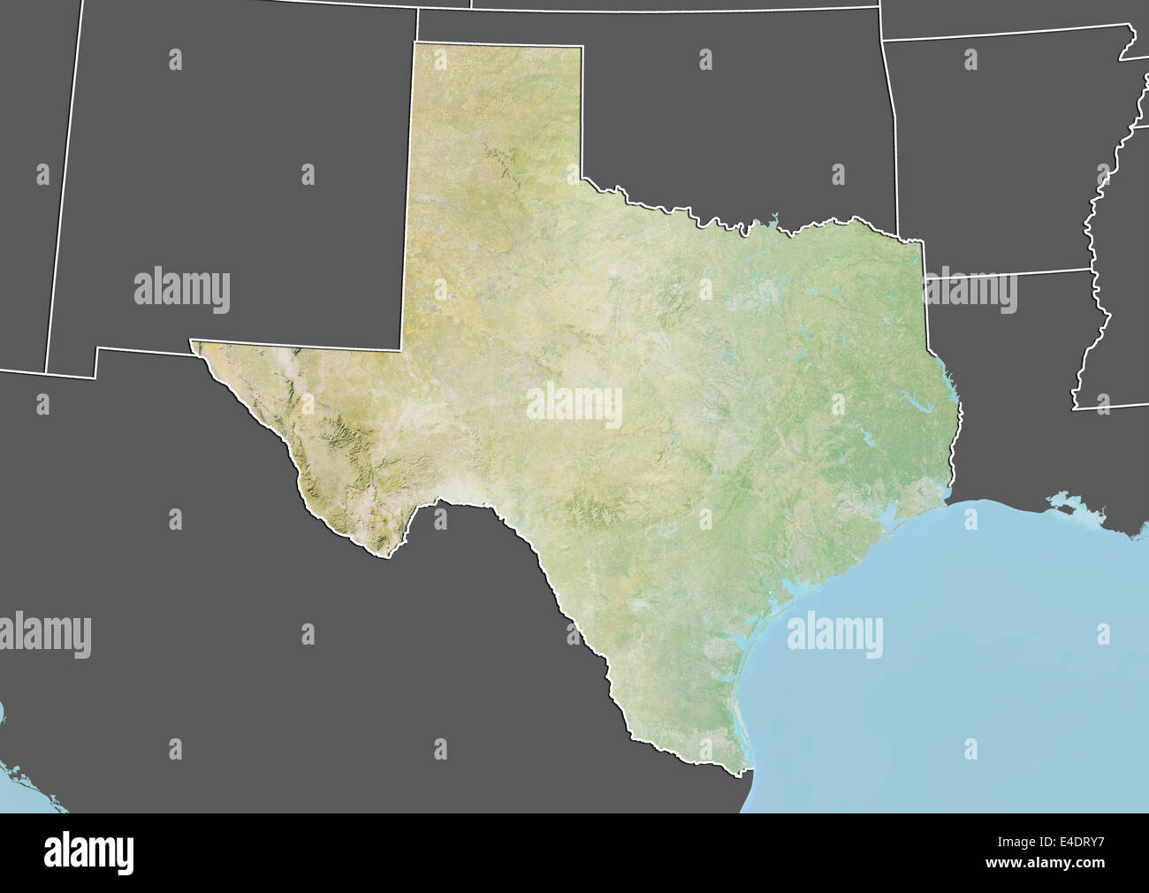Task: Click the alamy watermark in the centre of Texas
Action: pyautogui.click(x=574, y=406)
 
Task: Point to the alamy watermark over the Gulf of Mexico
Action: pyautogui.click(x=833, y=636)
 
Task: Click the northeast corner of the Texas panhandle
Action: pyautogui.click(x=582, y=47)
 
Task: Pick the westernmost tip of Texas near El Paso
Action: pyautogui.click(x=193, y=340)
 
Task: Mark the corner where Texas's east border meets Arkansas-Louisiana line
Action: pyautogui.click(x=925, y=278)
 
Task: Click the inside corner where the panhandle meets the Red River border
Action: pyautogui.click(x=582, y=179)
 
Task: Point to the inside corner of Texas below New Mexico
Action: pyautogui.click(x=403, y=348)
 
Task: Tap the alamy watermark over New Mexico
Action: pyautogui.click(x=182, y=291)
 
